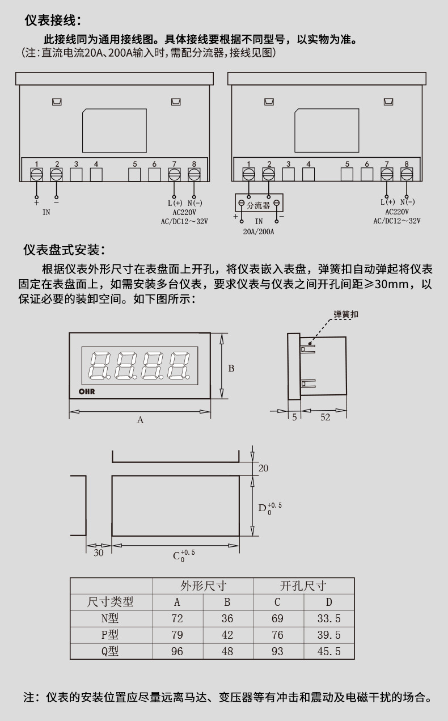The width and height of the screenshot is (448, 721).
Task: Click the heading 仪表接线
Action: pos(53,21)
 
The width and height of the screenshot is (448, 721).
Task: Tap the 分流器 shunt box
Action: pos(259,204)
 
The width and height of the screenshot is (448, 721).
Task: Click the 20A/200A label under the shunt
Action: pos(259,231)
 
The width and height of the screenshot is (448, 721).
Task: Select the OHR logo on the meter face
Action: pos(86,391)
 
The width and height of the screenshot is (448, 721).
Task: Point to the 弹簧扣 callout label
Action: pos(346,314)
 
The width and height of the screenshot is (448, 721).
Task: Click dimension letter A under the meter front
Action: pos(140,420)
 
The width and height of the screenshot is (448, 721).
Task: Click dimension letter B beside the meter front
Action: pos(231,368)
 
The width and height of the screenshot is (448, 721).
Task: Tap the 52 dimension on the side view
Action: pos(325,418)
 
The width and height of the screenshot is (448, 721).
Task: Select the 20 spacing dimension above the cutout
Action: pos(263,468)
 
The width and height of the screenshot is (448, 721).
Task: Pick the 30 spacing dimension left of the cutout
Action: pos(99,553)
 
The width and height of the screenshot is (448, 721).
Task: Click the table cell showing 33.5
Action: pos(329,619)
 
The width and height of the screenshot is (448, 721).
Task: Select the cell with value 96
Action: pos(177,651)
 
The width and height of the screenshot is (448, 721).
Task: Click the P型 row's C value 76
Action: pos(277,635)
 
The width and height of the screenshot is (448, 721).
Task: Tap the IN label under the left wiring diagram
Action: pos(47,213)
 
